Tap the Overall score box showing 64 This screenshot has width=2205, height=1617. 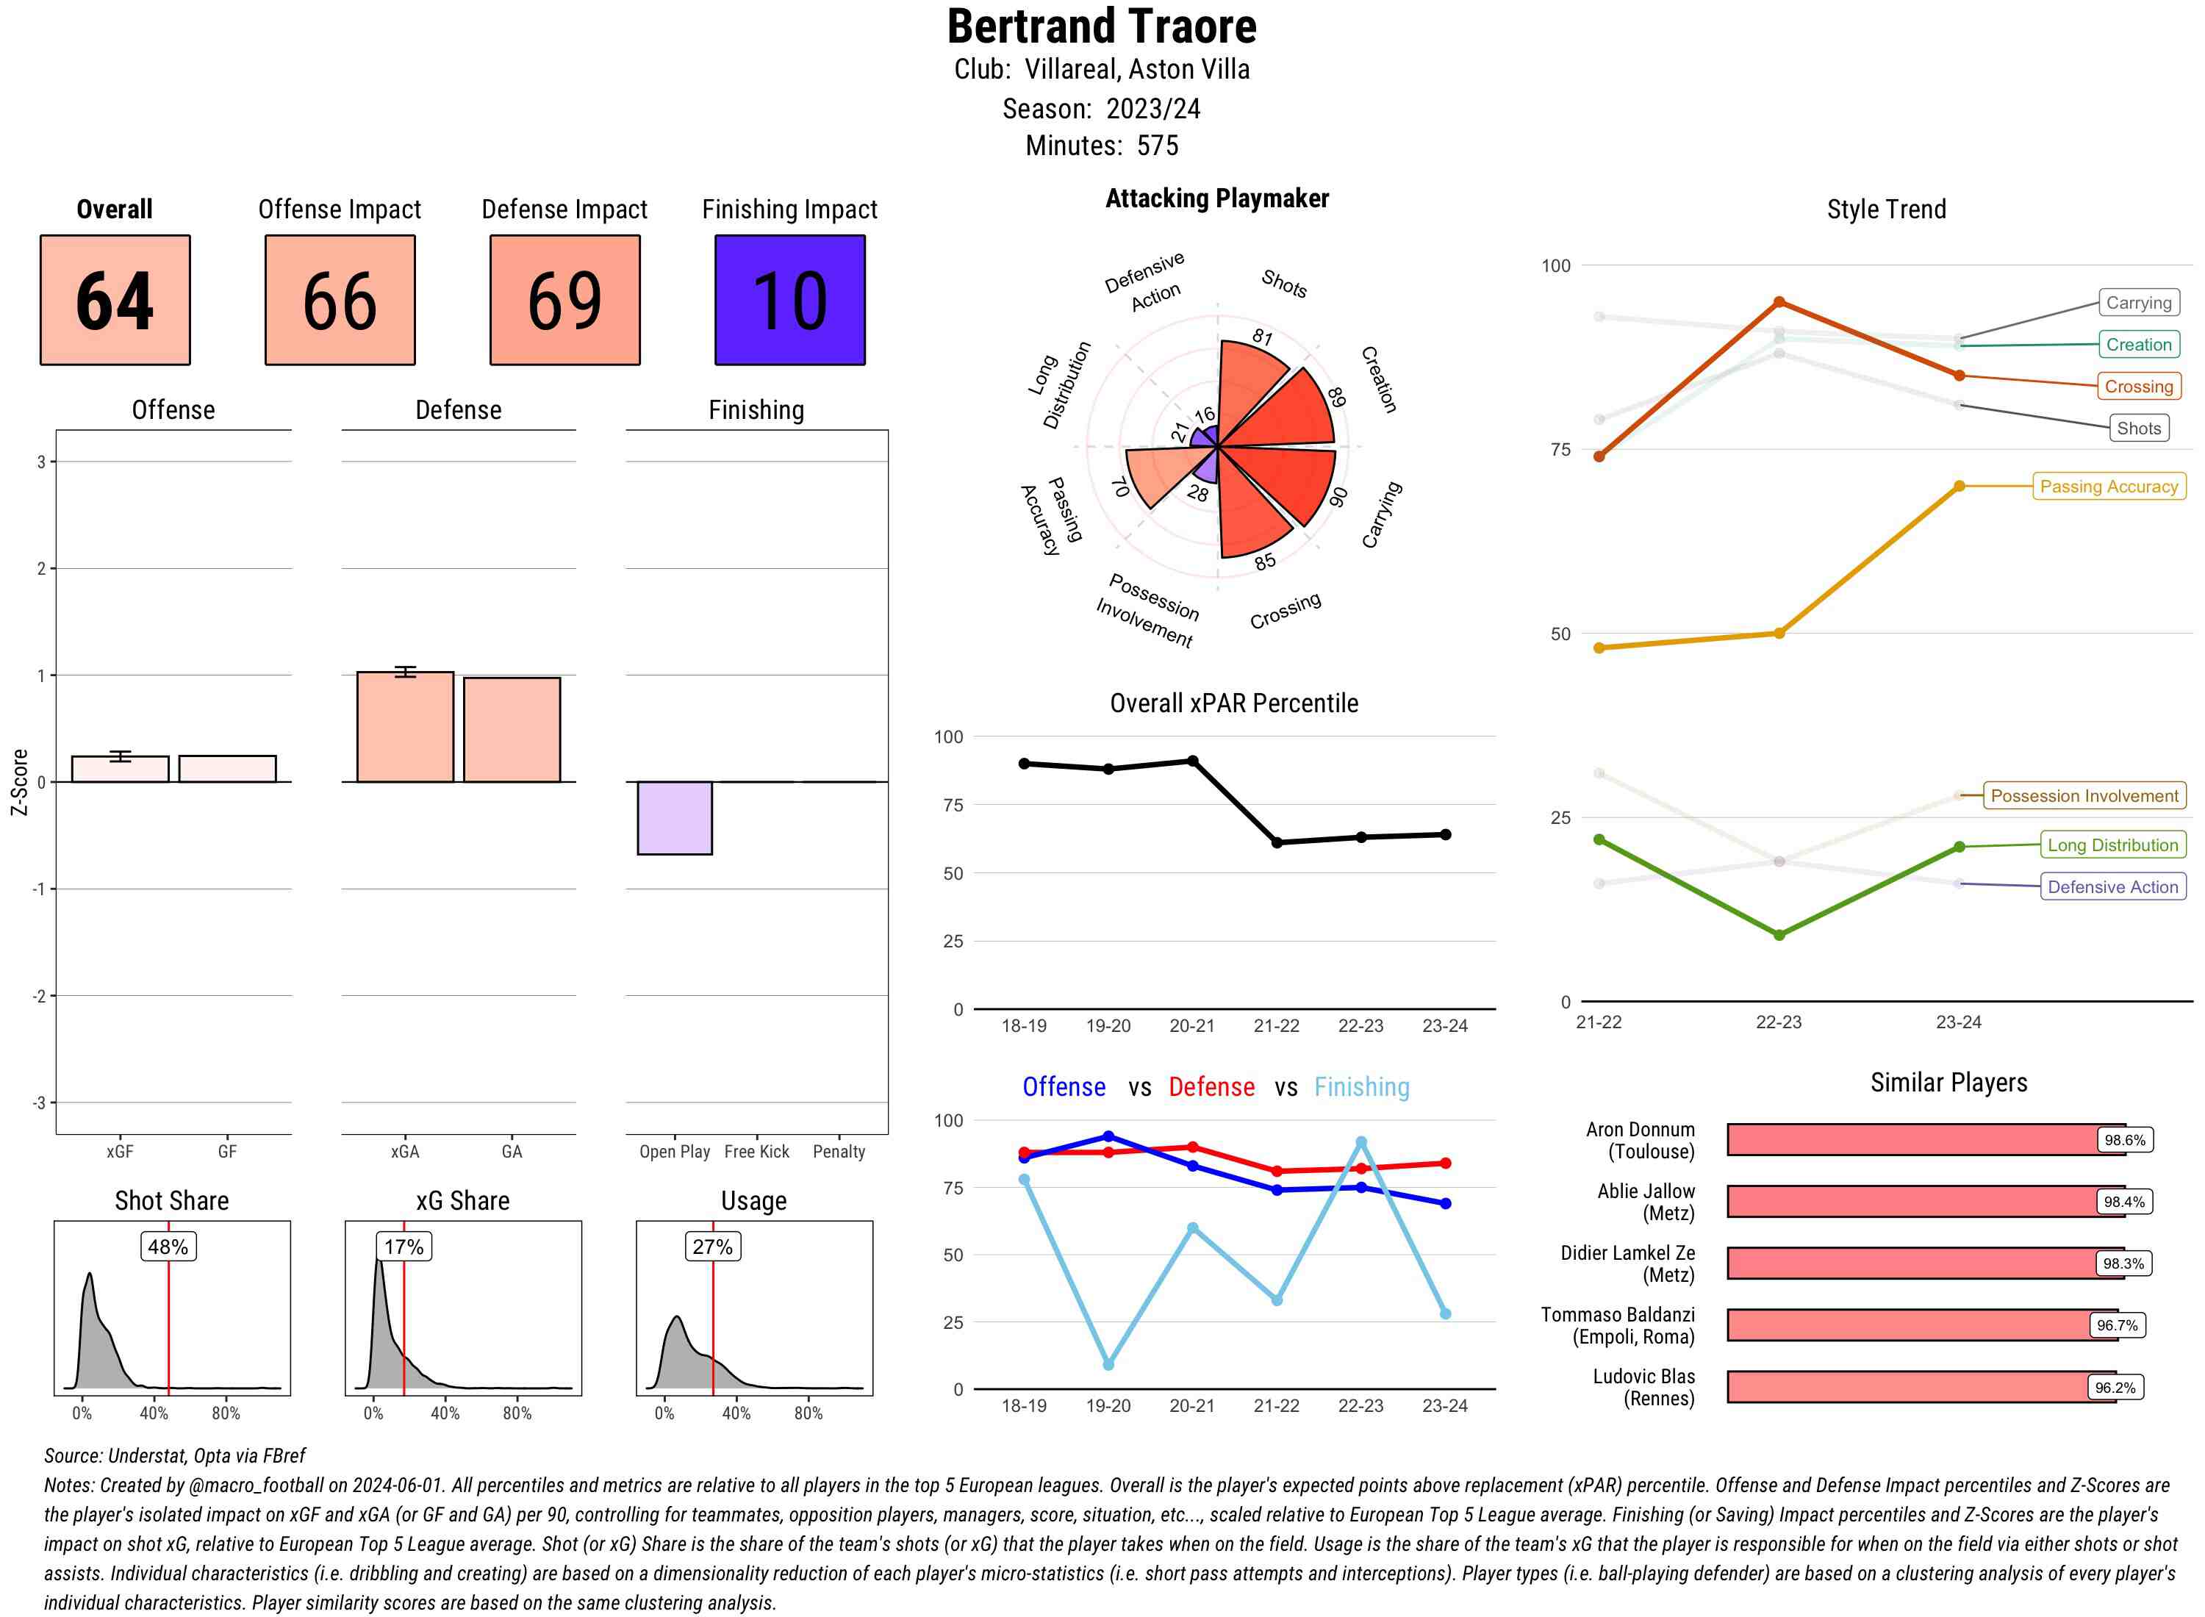(115, 300)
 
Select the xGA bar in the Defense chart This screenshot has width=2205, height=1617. (405, 726)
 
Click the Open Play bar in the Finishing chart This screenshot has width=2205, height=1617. (674, 817)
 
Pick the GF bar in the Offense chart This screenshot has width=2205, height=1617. (227, 768)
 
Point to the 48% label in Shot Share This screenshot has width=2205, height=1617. (168, 1246)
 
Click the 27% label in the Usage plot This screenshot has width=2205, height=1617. (711, 1246)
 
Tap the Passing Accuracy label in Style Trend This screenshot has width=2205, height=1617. (2108, 487)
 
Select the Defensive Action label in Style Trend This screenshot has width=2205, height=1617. (2112, 887)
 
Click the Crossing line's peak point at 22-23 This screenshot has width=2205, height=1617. (1778, 303)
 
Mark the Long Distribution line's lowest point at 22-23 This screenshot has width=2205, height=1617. (1778, 935)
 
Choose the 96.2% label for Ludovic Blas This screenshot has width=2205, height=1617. (2114, 1387)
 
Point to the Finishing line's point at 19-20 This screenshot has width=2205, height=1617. (1108, 1364)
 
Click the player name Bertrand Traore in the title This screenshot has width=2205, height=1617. (1101, 26)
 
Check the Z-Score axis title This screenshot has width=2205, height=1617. (18, 781)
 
